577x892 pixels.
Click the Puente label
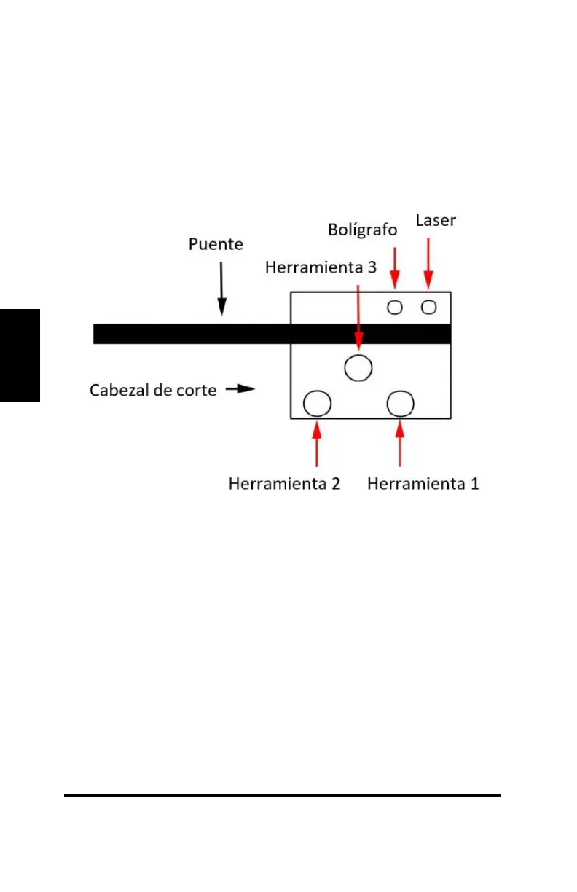[216, 244]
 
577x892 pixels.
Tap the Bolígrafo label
[362, 230]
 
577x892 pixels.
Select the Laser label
[436, 220]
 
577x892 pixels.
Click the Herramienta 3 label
[321, 267]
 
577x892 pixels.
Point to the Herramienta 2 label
[284, 484]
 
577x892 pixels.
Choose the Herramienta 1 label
[423, 484]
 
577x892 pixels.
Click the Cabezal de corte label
[153, 390]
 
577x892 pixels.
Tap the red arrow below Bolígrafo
[395, 267]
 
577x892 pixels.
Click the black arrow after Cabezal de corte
[240, 389]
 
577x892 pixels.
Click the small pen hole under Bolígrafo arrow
[395, 307]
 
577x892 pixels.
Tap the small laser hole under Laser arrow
[429, 307]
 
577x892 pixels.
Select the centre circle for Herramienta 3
[358, 367]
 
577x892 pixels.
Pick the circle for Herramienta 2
[317, 403]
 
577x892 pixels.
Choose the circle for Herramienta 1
[401, 403]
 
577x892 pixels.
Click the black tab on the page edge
[20, 355]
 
